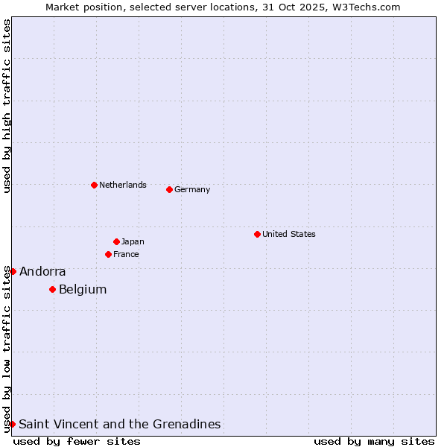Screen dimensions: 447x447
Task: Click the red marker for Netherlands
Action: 94,185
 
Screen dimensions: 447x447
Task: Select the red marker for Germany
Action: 169,189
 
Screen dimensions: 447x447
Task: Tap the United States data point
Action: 257,234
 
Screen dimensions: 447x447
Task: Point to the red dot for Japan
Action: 116,241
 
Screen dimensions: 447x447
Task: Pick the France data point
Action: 108,254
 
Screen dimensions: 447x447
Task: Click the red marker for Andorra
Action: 13,271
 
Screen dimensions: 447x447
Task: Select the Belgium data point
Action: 52,289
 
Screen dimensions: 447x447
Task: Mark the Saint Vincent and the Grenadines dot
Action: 12,424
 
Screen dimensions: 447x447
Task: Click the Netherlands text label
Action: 123,185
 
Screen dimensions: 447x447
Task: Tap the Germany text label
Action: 192,189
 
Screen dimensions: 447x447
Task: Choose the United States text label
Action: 289,234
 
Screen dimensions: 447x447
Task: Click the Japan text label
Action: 133,241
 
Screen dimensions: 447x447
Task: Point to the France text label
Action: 126,254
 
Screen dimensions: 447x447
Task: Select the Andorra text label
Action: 42,272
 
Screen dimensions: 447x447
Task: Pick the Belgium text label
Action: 83,290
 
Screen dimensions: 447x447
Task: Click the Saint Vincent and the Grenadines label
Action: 120,425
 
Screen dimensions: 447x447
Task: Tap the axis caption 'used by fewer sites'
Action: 77,441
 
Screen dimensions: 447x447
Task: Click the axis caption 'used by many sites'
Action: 374,441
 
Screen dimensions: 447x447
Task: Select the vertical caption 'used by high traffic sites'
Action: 7,106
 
